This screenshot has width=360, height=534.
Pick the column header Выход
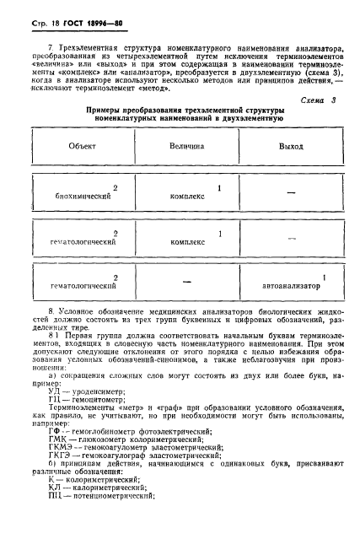(x=292, y=146)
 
